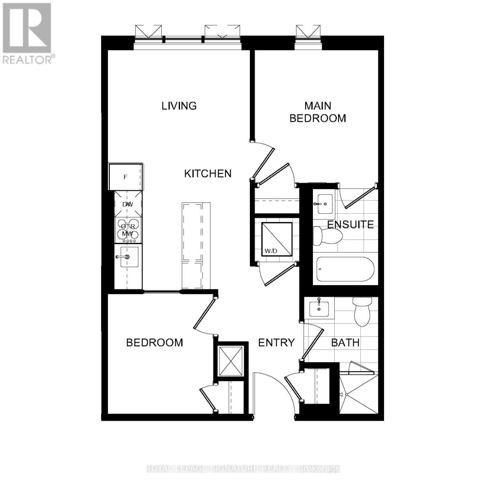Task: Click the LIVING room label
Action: pyautogui.click(x=179, y=106)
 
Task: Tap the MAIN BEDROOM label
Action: pyautogui.click(x=318, y=112)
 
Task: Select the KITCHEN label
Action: pyautogui.click(x=208, y=174)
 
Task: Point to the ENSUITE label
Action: pyautogui.click(x=350, y=224)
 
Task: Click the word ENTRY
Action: pyautogui.click(x=276, y=342)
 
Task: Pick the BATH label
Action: pyautogui.click(x=345, y=342)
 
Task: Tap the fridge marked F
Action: pyautogui.click(x=126, y=177)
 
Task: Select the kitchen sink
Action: pyautogui.click(x=128, y=257)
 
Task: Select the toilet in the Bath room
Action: pyautogui.click(x=362, y=311)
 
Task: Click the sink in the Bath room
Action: pyautogui.click(x=319, y=308)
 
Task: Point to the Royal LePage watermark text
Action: pyautogui.click(x=243, y=469)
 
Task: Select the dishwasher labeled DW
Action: pyautogui.click(x=128, y=204)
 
